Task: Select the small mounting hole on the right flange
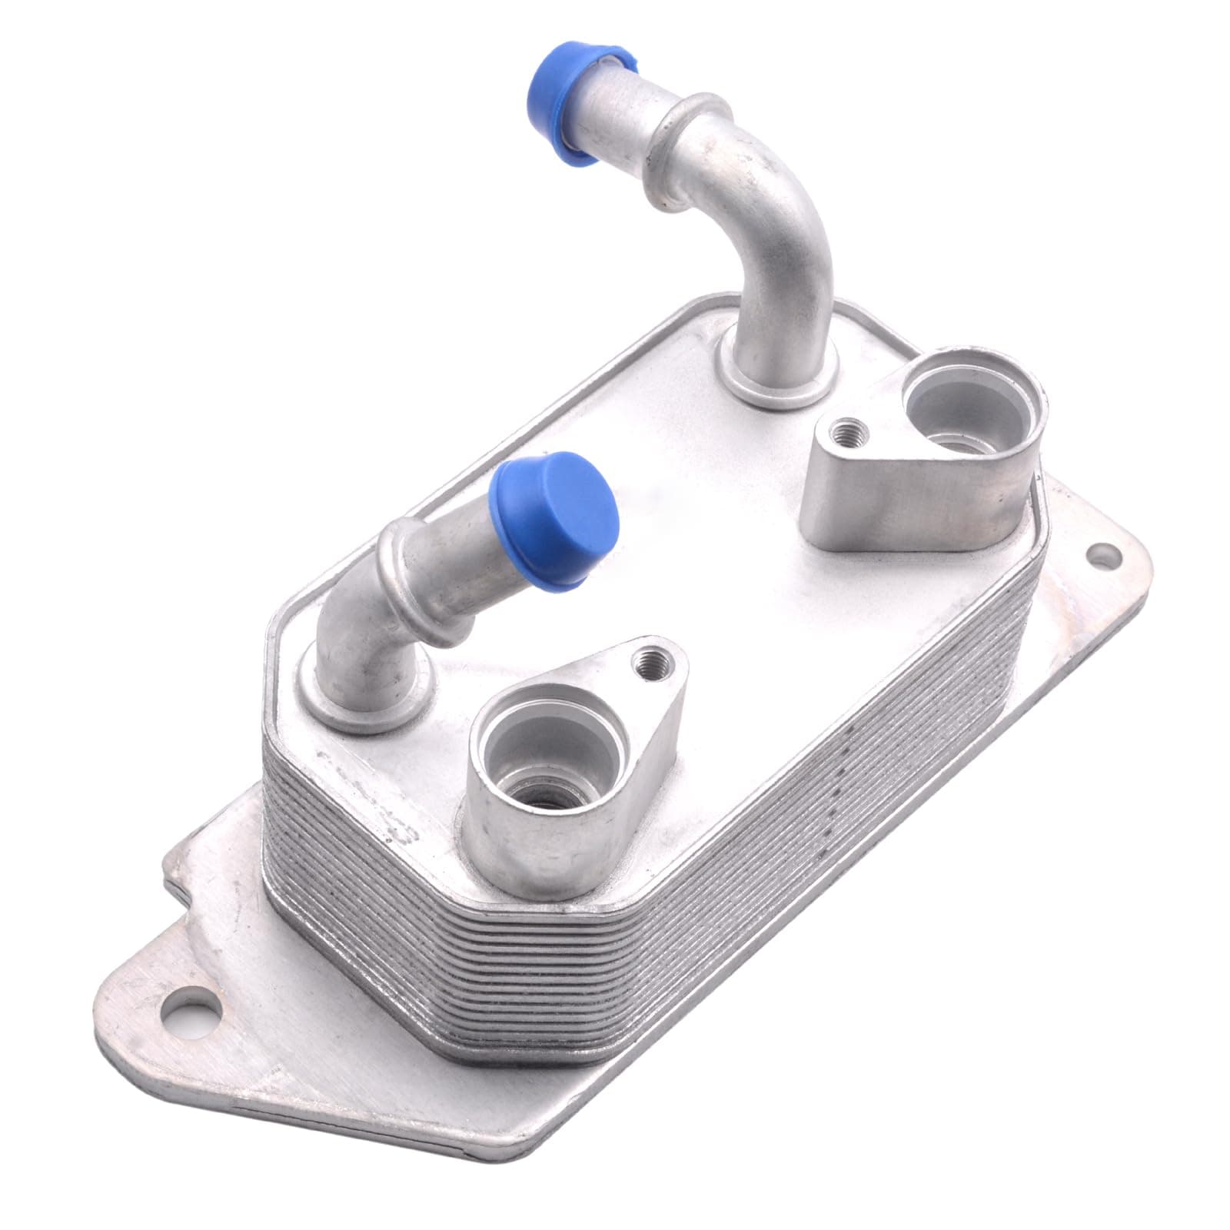pyautogui.click(x=1102, y=552)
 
